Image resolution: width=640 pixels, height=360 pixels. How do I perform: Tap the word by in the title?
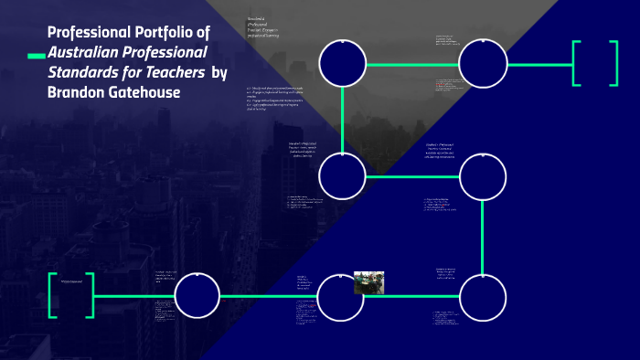coord(219,73)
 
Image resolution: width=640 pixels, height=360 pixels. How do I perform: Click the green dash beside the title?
coord(36,57)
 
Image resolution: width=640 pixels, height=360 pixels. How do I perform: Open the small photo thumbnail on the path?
coord(368,283)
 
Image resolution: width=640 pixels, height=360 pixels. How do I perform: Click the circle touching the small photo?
coord(343,296)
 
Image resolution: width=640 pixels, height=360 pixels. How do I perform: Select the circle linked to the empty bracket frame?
coord(482,64)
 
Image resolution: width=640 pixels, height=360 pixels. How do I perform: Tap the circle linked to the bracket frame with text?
coord(197,296)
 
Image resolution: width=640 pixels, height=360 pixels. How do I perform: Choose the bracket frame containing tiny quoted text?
coord(70,295)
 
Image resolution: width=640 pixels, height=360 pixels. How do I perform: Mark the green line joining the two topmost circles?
coord(412,64)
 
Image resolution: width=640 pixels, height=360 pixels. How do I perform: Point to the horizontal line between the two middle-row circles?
coord(412,176)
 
